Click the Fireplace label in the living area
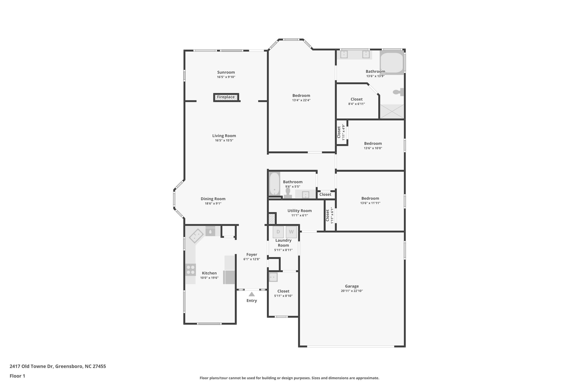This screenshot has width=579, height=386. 226,97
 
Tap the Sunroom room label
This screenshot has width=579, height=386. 226,72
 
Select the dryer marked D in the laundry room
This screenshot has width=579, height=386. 278,232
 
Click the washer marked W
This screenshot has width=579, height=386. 291,232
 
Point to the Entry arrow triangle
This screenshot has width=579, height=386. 252,294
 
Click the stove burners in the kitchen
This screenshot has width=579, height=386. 191,269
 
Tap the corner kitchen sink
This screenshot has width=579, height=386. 196,236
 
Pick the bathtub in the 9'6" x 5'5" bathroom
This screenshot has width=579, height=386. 274,184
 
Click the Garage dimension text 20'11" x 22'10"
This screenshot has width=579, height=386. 352,291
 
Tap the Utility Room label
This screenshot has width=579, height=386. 299,211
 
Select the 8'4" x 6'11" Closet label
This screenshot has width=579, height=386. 357,99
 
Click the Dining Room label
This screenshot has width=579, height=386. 213,199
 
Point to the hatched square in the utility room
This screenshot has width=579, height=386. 271,219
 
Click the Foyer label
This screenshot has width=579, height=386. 252,255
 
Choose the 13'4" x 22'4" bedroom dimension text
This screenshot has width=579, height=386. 301,100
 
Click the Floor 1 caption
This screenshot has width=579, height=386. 17,376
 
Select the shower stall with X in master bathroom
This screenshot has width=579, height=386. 392,111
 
